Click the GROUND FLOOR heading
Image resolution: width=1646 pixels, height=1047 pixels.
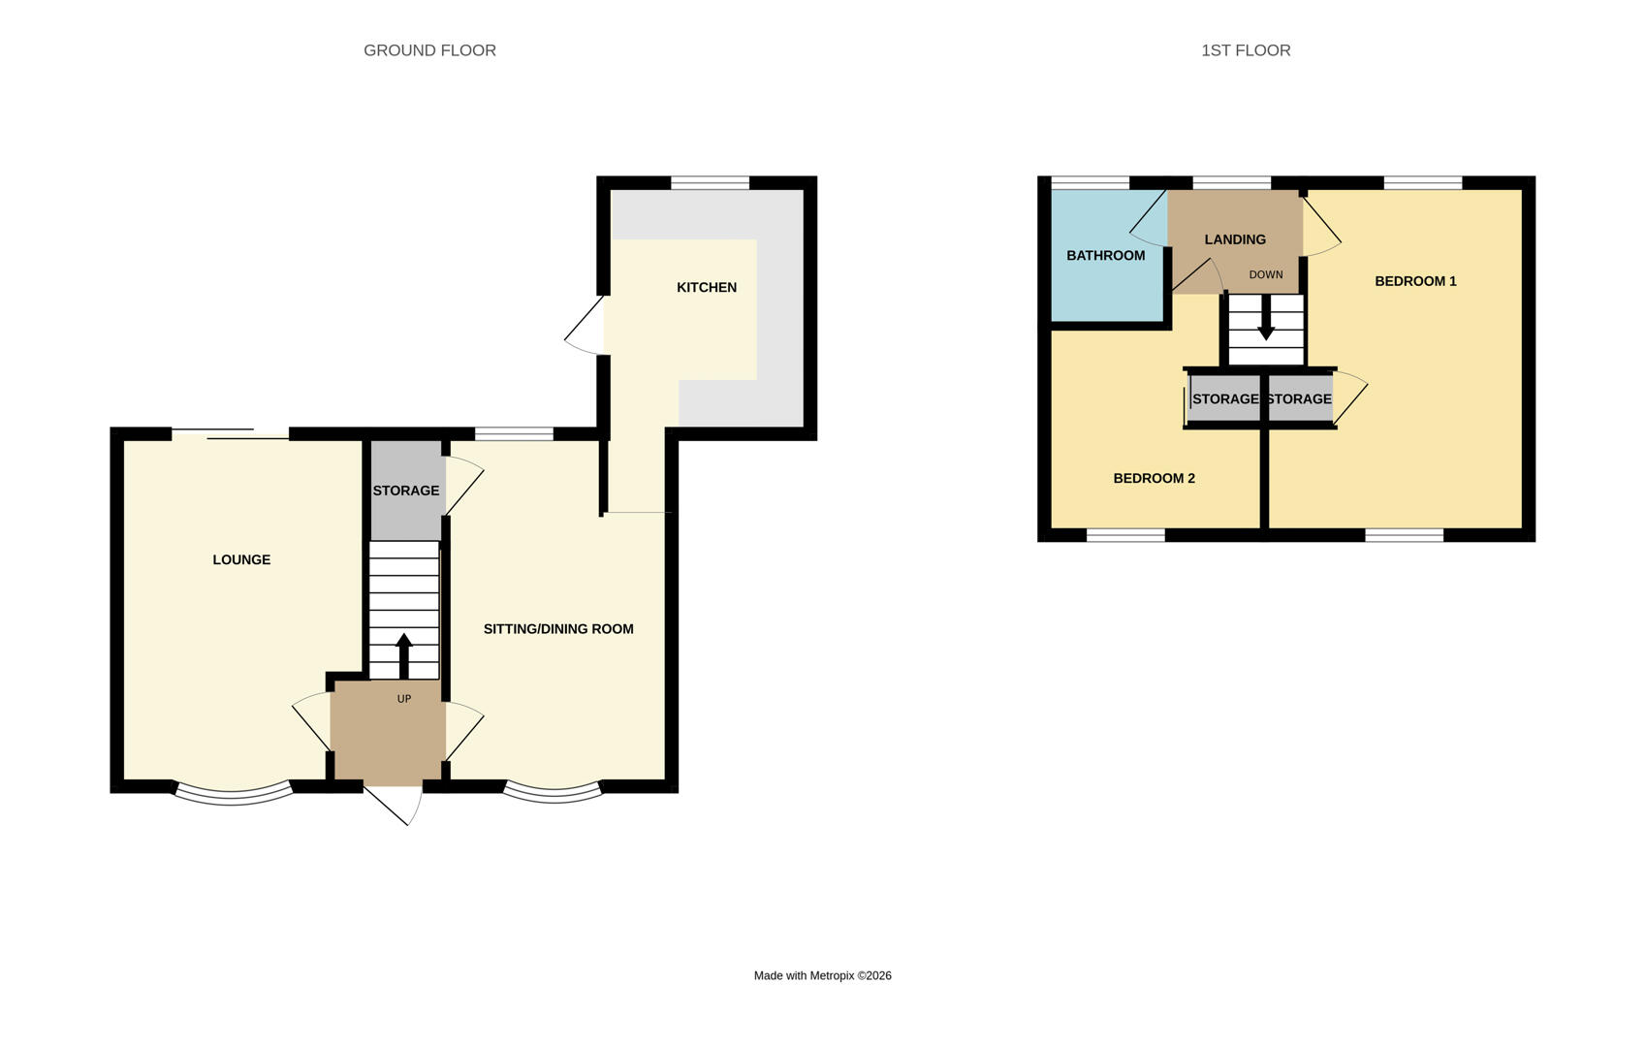point(429,50)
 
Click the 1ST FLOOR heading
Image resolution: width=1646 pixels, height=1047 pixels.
point(1246,50)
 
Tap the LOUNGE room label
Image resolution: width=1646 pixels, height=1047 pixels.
point(241,559)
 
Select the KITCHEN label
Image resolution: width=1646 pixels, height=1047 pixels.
point(707,287)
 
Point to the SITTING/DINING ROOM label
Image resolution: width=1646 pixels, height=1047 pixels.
point(558,629)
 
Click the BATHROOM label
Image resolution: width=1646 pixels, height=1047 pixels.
point(1105,256)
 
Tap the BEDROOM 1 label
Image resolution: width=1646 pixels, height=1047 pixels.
point(1415,281)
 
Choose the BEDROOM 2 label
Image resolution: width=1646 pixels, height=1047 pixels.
point(1154,478)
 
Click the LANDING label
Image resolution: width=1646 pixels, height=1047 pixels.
point(1235,239)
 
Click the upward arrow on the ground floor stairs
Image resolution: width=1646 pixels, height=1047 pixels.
point(404,653)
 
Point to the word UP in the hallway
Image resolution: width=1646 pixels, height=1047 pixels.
point(404,699)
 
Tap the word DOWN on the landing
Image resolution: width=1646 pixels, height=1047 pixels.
point(1266,275)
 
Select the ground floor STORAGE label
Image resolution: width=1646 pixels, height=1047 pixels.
point(406,491)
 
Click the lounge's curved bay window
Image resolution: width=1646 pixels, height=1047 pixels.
point(233,793)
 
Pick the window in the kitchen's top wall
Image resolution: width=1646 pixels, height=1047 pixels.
point(710,182)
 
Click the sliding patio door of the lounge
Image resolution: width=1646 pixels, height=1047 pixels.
point(231,434)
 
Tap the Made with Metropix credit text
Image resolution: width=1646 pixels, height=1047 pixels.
point(822,976)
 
